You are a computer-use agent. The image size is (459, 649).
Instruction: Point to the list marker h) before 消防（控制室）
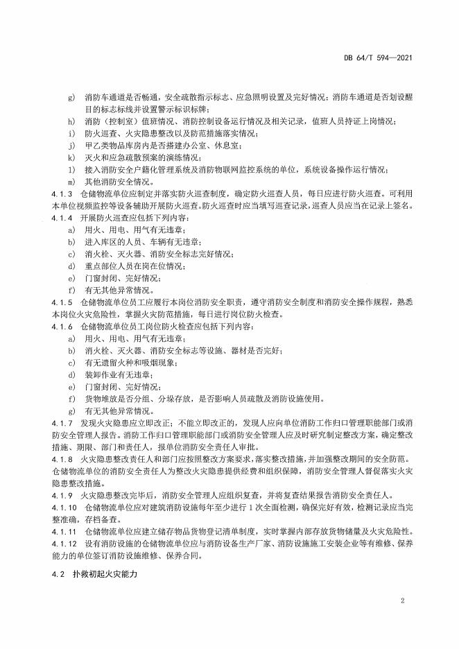click(71, 121)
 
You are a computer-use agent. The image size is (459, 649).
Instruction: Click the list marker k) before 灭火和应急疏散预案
click(71, 157)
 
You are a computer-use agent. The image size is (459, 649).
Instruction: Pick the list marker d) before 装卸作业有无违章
click(71, 373)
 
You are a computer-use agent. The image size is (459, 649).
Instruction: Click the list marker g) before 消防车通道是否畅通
click(71, 97)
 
